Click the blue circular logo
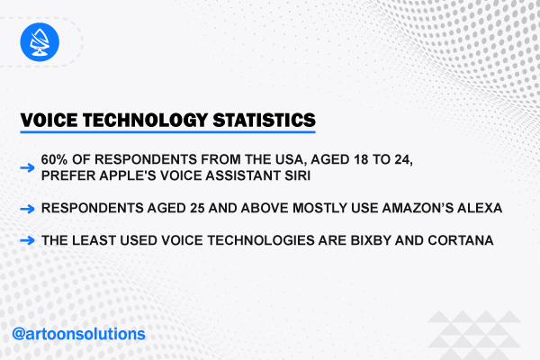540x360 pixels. (x=40, y=42)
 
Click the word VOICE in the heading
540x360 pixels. (x=49, y=121)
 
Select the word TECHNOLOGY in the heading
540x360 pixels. (x=145, y=121)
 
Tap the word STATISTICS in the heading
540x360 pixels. (x=264, y=121)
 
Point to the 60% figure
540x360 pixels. (x=54, y=159)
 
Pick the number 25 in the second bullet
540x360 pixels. (x=197, y=208)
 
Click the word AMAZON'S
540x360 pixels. (x=418, y=208)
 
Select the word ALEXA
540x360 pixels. (x=480, y=208)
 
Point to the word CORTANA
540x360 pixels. (x=461, y=240)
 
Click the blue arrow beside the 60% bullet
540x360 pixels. (x=27, y=167)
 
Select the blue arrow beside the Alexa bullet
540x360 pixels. (x=27, y=209)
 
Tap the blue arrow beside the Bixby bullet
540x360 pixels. (x=27, y=240)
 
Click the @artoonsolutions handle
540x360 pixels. (x=78, y=334)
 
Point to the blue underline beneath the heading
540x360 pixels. (x=167, y=131)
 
